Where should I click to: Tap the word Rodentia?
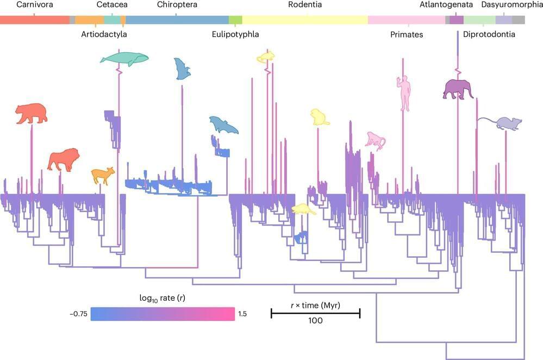[x=305, y=5]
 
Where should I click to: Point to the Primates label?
[x=407, y=35]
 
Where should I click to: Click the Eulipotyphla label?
[x=235, y=35]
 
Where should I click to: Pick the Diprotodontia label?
[x=490, y=35]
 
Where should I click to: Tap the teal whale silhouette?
[x=124, y=58]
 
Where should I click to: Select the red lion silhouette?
[x=64, y=159]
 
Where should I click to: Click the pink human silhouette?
[x=404, y=93]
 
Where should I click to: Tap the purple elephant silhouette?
[x=458, y=89]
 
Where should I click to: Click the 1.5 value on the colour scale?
[x=242, y=314]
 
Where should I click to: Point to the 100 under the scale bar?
[x=315, y=320]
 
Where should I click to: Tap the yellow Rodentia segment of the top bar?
[x=305, y=20]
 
